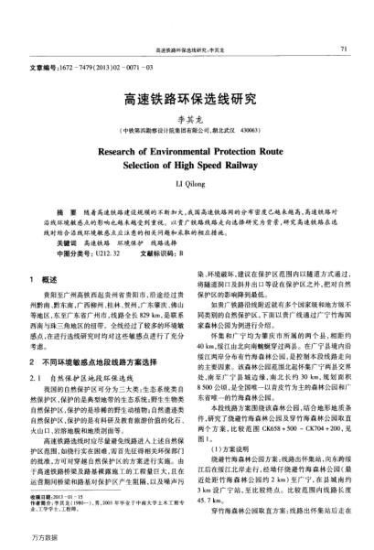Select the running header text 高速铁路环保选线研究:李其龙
(x=187, y=49)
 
